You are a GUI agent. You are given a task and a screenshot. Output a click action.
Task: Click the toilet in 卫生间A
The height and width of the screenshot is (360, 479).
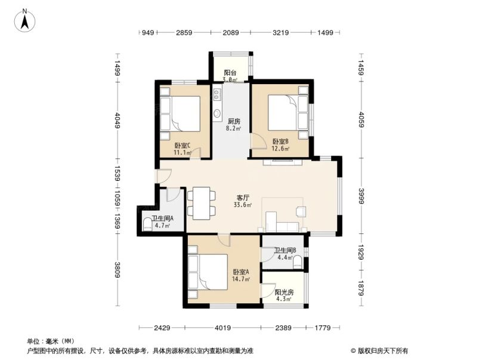pos(147,225)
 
